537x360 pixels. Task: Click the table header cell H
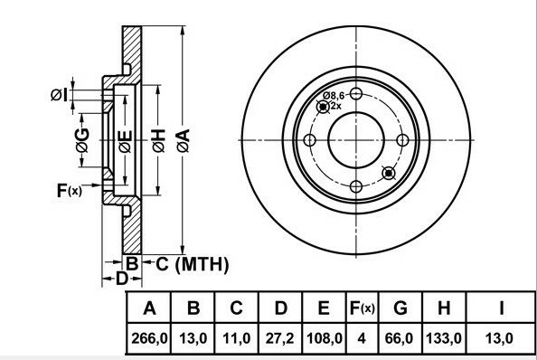pos(444,309)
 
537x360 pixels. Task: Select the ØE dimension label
pos(125,140)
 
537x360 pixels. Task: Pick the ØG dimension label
pos(81,139)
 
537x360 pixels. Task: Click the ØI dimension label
pos(59,93)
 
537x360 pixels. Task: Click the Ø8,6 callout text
pos(334,95)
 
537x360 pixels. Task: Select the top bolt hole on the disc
pos(356,94)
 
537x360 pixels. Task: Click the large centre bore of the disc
pos(355,140)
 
